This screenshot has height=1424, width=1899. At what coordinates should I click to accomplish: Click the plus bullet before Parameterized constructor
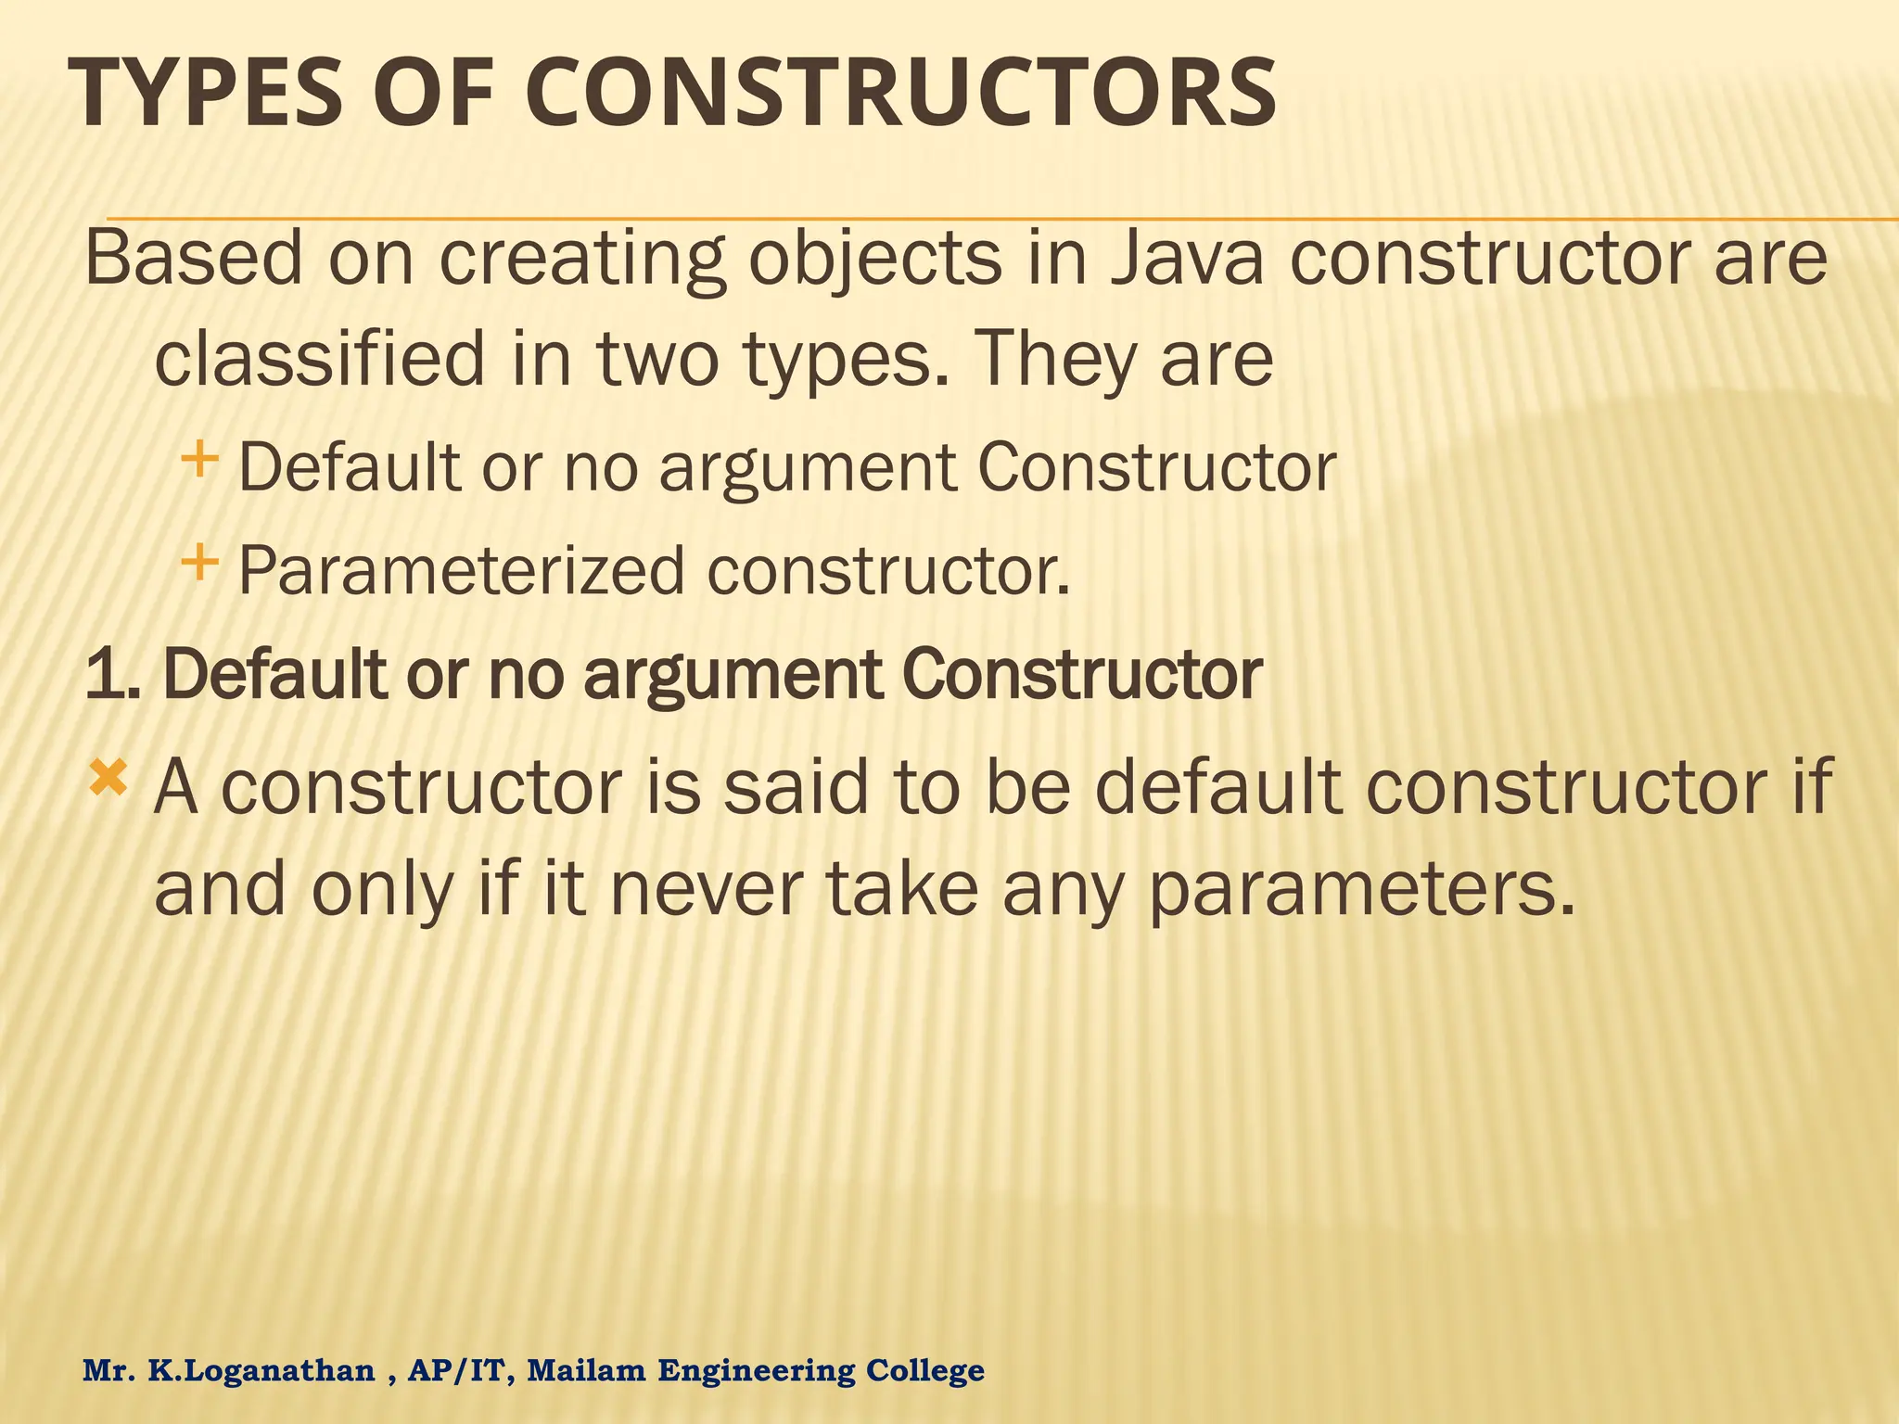pos(199,562)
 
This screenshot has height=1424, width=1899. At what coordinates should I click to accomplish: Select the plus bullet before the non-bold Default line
pos(199,458)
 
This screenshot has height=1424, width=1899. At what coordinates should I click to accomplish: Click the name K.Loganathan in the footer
pos(261,1370)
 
